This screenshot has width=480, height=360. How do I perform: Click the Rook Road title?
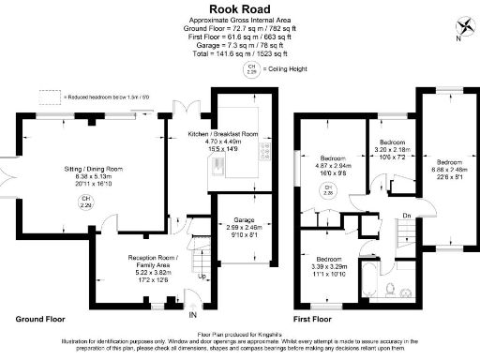point(240,8)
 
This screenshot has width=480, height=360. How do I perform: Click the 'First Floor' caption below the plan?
point(316,319)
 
